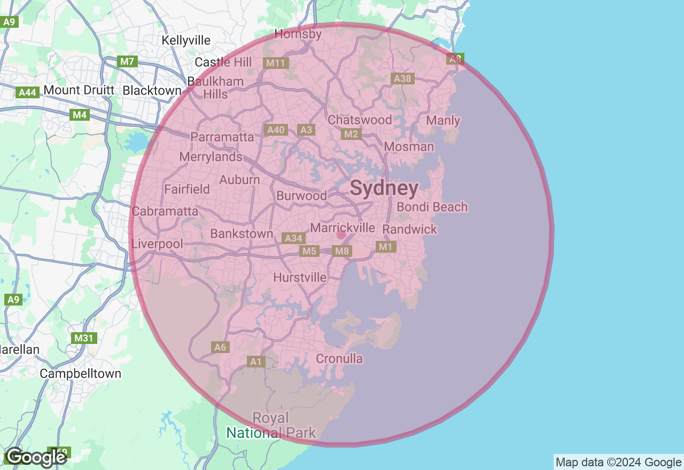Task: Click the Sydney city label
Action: click(384, 189)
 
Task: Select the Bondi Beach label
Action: click(432, 207)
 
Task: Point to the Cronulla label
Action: click(339, 358)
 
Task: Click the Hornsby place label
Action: click(298, 34)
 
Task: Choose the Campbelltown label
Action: click(81, 373)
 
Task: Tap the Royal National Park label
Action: click(271, 425)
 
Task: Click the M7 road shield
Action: click(127, 61)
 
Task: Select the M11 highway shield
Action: click(276, 63)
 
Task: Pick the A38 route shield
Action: click(402, 79)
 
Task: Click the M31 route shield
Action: click(83, 338)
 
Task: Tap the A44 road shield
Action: click(27, 92)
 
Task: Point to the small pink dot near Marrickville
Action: click(341, 234)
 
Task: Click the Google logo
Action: click(36, 457)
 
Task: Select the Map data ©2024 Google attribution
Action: click(618, 462)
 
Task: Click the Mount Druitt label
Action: click(79, 90)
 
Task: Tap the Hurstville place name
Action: click(300, 277)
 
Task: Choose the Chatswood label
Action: click(360, 120)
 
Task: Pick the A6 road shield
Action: click(220, 347)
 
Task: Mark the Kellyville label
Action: click(186, 40)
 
